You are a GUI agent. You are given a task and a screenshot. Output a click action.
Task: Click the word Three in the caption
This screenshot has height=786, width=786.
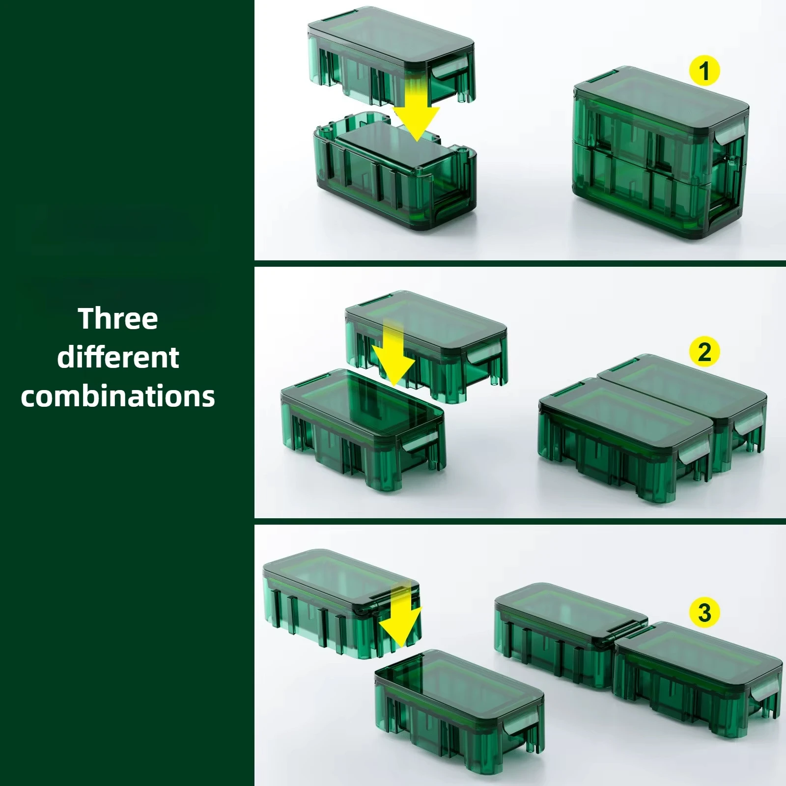click(x=118, y=319)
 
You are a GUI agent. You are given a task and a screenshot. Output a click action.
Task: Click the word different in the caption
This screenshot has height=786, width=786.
click(x=118, y=358)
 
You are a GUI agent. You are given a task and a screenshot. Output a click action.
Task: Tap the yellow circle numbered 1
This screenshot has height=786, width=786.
click(x=704, y=71)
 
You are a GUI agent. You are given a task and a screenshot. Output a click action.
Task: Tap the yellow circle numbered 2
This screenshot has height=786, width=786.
click(x=704, y=352)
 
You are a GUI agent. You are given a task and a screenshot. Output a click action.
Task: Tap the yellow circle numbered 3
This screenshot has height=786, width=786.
click(x=704, y=612)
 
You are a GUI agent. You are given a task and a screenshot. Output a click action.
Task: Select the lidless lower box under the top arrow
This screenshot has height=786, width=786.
click(x=393, y=182)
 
